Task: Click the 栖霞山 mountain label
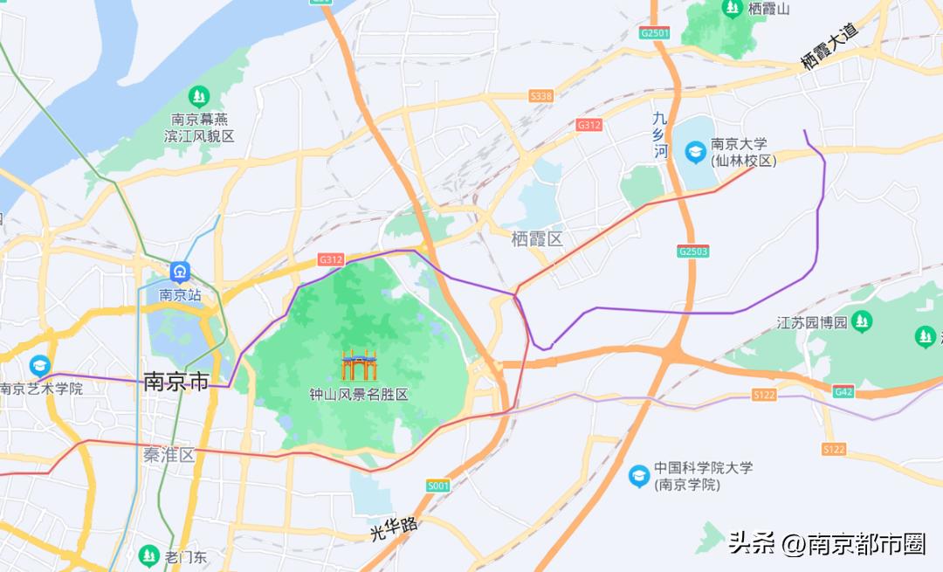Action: click(x=769, y=10)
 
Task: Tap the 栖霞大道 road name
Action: click(x=829, y=46)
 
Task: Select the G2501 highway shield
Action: click(x=654, y=33)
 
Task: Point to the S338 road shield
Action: click(x=540, y=96)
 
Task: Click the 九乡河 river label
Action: click(x=661, y=134)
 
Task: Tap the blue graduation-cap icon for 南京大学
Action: click(x=695, y=152)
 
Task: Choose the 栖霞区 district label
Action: click(x=537, y=238)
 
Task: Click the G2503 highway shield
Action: click(x=692, y=251)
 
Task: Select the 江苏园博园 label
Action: click(x=812, y=322)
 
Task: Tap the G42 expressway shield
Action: click(x=843, y=392)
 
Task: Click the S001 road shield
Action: click(x=437, y=486)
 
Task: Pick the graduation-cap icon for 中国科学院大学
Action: click(x=639, y=476)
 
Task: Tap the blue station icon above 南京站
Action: click(x=180, y=272)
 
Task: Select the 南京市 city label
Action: click(x=176, y=382)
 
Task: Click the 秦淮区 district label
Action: click(x=169, y=455)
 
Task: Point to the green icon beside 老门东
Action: click(x=148, y=555)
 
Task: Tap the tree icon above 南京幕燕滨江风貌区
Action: click(x=200, y=95)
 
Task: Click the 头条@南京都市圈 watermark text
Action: click(x=826, y=544)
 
